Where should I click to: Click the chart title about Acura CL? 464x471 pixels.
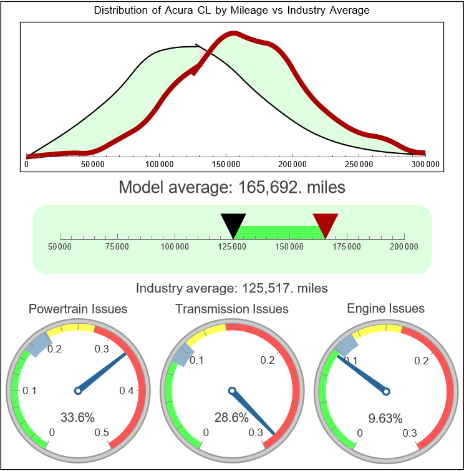[x=231, y=11]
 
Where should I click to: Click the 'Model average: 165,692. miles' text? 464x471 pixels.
[x=231, y=187]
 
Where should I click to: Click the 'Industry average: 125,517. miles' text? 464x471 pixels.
[x=231, y=288]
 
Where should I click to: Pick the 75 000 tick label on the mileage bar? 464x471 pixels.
[x=117, y=247]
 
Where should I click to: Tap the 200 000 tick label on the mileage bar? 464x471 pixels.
[x=404, y=247]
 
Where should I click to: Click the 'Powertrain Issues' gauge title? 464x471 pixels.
[x=78, y=309]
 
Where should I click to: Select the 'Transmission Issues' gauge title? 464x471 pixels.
[x=232, y=309]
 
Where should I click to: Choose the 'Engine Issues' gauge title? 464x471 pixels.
[x=385, y=308]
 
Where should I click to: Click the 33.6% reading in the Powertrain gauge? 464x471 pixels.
[x=77, y=417]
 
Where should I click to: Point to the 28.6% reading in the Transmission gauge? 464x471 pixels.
[x=231, y=417]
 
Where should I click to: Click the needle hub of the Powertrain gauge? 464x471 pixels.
[x=77, y=391]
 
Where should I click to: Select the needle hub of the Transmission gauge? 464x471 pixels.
[x=232, y=391]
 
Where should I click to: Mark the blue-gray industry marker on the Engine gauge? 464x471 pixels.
[x=347, y=344]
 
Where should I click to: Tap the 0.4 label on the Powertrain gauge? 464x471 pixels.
[x=127, y=391]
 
